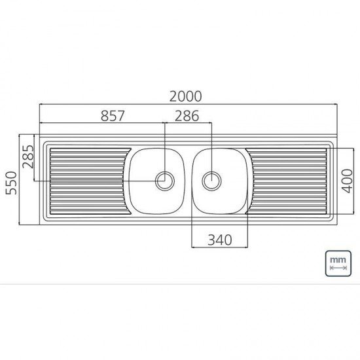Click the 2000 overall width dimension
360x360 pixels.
click(x=185, y=96)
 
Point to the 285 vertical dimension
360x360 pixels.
click(x=27, y=157)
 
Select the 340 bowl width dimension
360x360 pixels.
click(x=219, y=240)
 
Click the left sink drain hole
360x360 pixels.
click(x=165, y=180)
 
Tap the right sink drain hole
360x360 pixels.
click(x=211, y=180)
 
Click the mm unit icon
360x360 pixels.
click(x=338, y=263)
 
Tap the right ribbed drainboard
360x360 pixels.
click(x=288, y=181)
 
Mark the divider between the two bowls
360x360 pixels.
click(x=188, y=181)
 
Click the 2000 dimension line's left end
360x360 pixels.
click(x=40, y=104)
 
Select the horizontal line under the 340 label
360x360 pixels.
click(x=219, y=247)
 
